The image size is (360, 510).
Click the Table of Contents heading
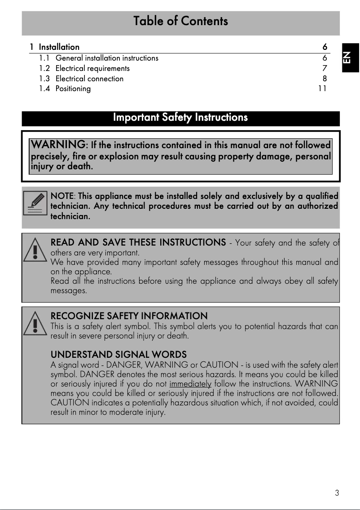(180, 21)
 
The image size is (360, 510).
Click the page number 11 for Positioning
(322, 88)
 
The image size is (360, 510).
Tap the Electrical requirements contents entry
(92, 68)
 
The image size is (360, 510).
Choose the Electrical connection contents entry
(89, 79)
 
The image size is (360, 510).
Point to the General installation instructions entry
(107, 58)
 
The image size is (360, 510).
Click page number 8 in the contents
(325, 79)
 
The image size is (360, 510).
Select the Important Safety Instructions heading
(180, 118)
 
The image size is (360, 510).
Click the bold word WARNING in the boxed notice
(58, 145)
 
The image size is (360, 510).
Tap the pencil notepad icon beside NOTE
(35, 203)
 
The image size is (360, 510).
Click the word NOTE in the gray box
(62, 196)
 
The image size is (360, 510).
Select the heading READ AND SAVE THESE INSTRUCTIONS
(138, 243)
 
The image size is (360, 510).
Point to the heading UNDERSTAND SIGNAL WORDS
(119, 355)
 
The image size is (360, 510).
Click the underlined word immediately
(190, 384)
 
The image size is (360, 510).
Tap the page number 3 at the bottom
(337, 493)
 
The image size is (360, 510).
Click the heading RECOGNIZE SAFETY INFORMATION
(129, 316)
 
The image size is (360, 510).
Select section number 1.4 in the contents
(44, 88)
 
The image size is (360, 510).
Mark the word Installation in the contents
(59, 47)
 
